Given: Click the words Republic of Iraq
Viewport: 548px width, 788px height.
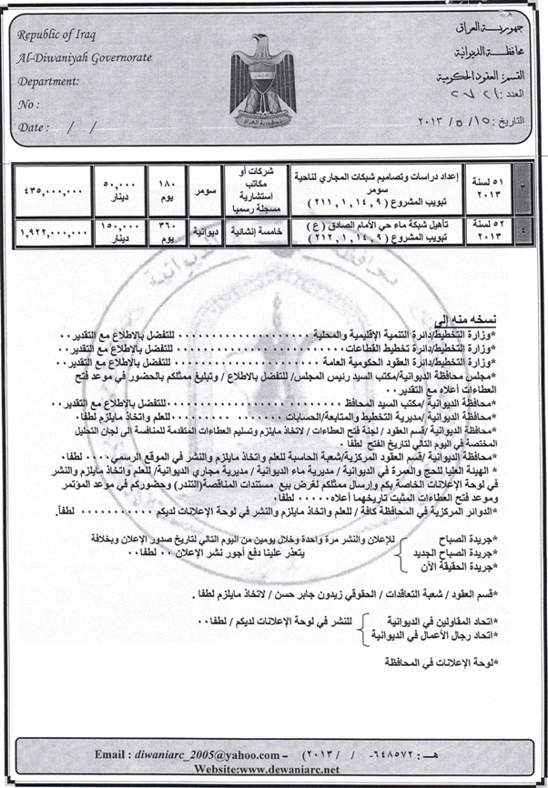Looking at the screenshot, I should click(62, 35).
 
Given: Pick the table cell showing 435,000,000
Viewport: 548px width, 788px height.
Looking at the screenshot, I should click(52, 189).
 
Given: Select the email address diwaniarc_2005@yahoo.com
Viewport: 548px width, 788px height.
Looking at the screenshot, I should click(199, 754).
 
